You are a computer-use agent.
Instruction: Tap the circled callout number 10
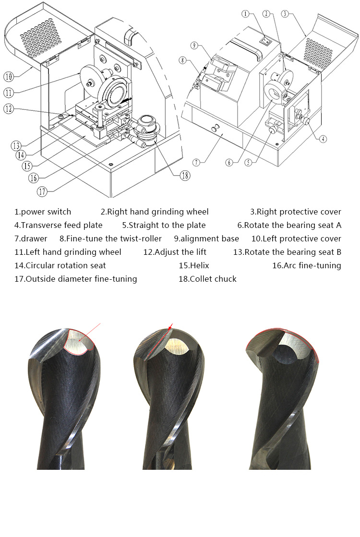click(9, 76)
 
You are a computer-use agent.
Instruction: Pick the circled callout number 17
click(43, 191)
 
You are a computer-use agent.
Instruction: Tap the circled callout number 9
click(194, 46)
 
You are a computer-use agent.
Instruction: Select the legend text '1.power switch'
click(43, 212)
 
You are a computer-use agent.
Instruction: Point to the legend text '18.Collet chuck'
click(207, 279)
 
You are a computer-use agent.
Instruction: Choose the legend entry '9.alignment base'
click(206, 239)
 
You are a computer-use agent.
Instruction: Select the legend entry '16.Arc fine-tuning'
click(307, 265)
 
